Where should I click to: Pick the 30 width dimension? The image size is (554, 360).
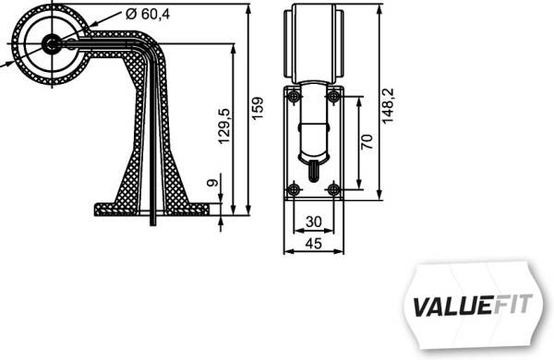(x=314, y=222)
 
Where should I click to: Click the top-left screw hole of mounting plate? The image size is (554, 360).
(x=294, y=96)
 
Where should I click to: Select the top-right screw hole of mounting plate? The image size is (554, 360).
(x=334, y=96)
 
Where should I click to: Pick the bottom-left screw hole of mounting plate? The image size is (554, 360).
(x=294, y=189)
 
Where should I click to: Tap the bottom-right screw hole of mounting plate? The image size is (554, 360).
(x=334, y=189)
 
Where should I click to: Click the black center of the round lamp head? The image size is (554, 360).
(x=51, y=42)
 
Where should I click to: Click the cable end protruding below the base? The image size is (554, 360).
(x=153, y=219)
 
